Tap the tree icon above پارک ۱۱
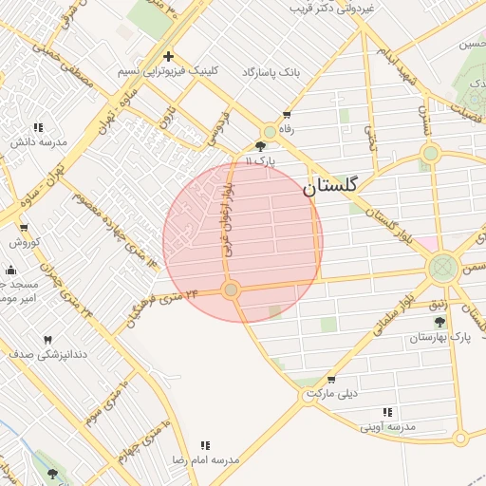click(x=261, y=146)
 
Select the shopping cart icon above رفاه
click(x=284, y=116)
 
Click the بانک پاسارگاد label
click(x=271, y=72)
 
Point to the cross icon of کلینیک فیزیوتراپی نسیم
click(x=168, y=56)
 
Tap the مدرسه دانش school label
click(x=39, y=141)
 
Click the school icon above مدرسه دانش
click(x=39, y=126)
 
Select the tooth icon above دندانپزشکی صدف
click(x=47, y=339)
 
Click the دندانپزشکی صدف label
click(x=41, y=354)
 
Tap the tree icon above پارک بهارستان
click(x=439, y=322)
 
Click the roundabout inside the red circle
click(x=230, y=289)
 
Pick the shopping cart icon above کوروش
click(x=24, y=227)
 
